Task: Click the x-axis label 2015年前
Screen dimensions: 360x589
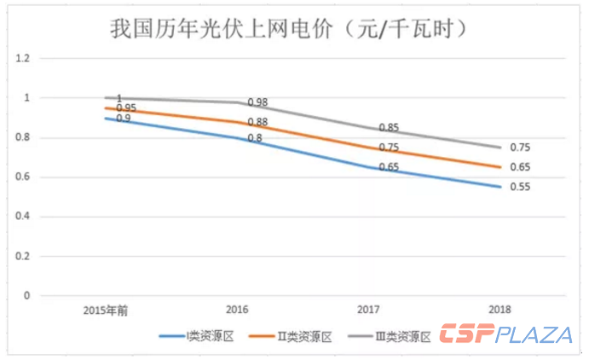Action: coord(107,310)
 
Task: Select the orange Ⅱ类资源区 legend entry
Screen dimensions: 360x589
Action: coord(297,336)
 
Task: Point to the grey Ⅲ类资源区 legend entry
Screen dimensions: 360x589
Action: coord(392,336)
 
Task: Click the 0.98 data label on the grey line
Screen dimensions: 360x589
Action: coord(257,102)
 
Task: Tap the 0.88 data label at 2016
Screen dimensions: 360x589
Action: coord(257,122)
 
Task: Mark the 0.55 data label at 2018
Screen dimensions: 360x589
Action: coord(520,187)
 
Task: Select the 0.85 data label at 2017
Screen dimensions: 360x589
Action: coord(389,128)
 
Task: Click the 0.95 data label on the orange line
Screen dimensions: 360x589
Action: coord(126,107)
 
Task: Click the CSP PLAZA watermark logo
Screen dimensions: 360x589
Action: coord(505,334)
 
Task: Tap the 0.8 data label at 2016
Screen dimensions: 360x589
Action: coord(255,138)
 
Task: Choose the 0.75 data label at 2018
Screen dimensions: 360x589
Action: coord(520,147)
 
